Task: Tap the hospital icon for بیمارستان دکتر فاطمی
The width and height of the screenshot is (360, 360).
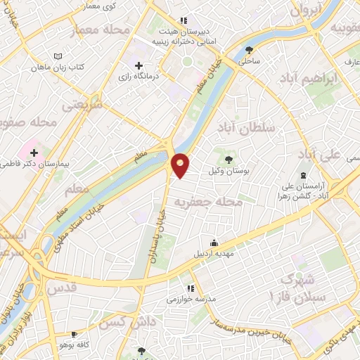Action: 33,152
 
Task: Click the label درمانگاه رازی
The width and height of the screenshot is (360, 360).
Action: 138,75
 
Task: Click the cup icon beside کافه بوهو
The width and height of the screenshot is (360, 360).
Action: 75,334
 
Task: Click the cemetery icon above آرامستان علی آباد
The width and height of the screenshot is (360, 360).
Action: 304,175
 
